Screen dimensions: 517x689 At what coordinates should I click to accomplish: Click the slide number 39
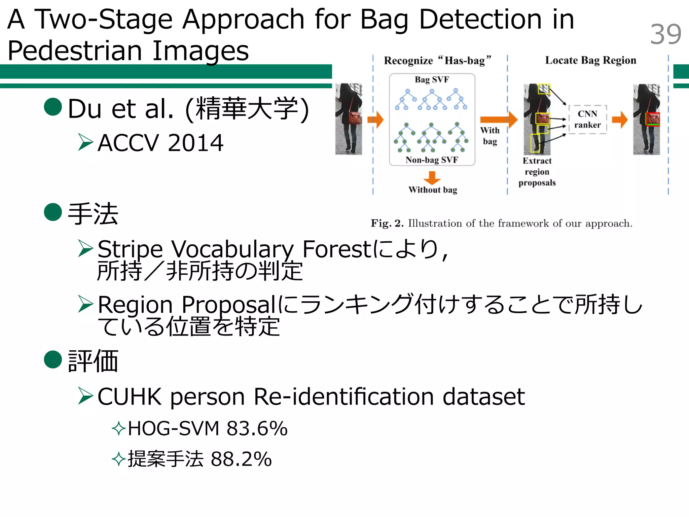click(x=665, y=34)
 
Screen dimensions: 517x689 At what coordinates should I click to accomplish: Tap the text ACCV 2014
click(x=160, y=143)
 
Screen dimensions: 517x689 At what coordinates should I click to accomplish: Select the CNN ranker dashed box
click(x=587, y=119)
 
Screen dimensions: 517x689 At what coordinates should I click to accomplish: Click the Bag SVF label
click(x=432, y=80)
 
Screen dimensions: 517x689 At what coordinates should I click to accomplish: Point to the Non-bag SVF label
click(x=432, y=160)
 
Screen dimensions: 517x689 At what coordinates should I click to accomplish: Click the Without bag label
click(x=433, y=190)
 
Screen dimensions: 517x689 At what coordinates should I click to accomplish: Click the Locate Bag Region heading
click(x=590, y=60)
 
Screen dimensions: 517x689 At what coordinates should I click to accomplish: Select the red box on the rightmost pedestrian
click(x=653, y=119)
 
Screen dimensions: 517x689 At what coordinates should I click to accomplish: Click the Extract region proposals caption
click(x=537, y=172)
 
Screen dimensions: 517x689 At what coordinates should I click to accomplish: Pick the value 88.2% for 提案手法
click(x=241, y=459)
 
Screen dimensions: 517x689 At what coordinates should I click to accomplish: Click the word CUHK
click(x=130, y=397)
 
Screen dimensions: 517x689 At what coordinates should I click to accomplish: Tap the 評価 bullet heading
click(x=93, y=361)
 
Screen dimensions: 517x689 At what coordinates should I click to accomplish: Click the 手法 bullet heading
click(x=93, y=214)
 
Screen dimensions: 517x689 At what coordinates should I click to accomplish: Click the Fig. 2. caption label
click(x=387, y=223)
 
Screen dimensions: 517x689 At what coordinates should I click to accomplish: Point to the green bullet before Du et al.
click(x=53, y=107)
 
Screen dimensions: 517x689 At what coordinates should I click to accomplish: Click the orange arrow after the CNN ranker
click(x=620, y=119)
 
